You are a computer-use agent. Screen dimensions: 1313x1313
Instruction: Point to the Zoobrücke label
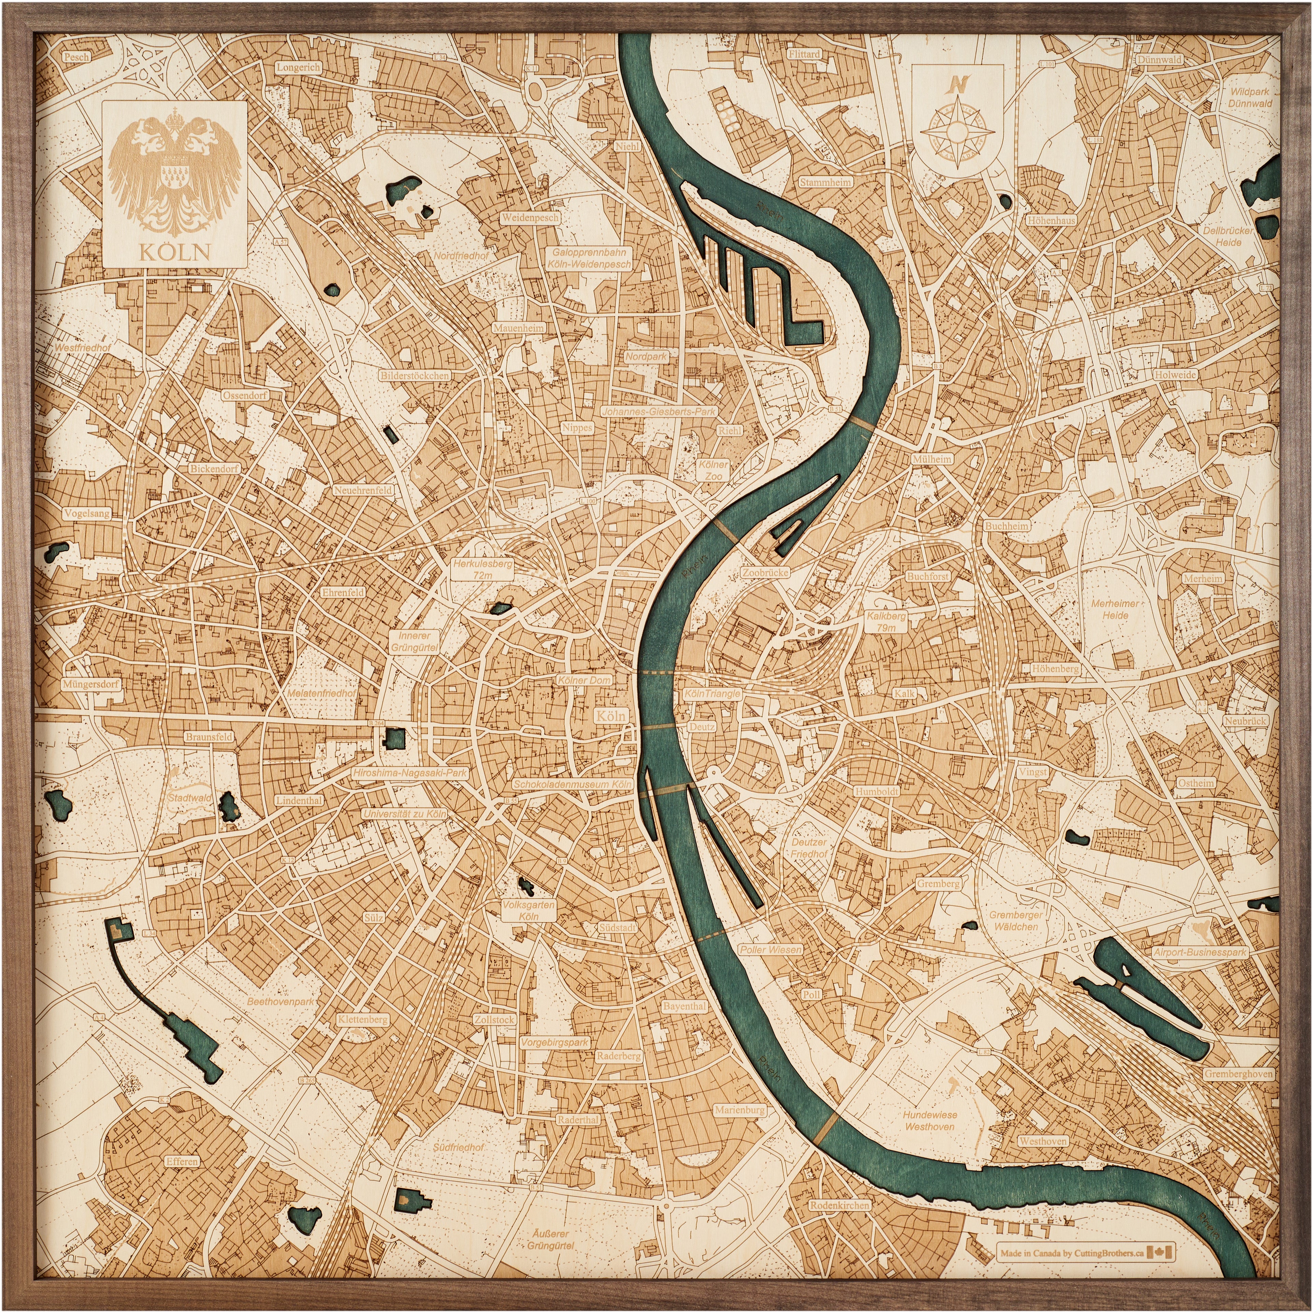[x=765, y=573]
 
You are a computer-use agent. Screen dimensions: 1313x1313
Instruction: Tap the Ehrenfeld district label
[x=343, y=592]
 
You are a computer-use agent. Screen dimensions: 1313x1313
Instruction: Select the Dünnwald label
[x=1159, y=60]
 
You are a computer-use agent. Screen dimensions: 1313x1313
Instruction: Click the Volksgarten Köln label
[x=528, y=911]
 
